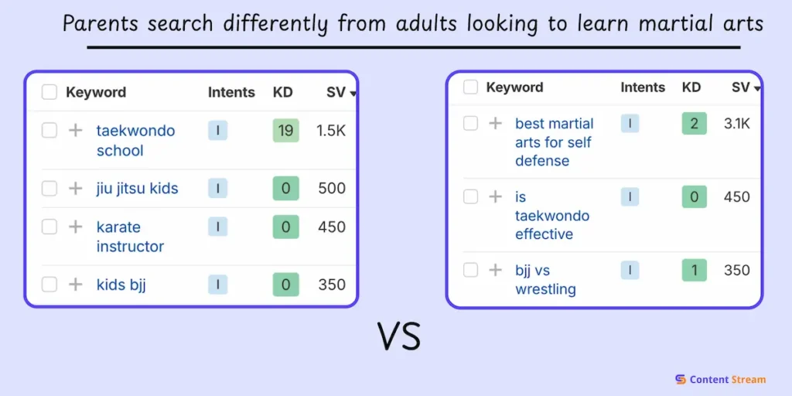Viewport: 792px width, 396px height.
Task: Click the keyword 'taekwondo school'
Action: coord(135,141)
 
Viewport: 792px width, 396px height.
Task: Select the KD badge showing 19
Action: coord(286,131)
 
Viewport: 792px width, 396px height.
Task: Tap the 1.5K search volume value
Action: coord(331,131)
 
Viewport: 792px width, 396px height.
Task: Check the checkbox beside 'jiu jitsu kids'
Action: coord(49,189)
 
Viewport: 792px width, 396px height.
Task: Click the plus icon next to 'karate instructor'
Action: coord(75,227)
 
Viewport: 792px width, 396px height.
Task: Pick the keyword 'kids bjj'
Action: coord(121,285)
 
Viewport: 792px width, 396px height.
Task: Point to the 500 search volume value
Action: coord(332,189)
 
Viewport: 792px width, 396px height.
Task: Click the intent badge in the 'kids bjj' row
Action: coord(217,285)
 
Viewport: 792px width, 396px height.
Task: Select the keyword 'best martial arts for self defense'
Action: coord(554,142)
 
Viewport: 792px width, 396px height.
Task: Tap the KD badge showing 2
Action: coord(694,124)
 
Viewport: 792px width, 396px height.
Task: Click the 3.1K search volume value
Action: coord(737,124)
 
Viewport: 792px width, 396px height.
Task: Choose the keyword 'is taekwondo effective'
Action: coord(552,215)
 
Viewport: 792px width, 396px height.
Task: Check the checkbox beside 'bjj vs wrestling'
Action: coord(471,270)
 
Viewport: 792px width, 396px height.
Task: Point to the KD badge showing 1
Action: coord(694,270)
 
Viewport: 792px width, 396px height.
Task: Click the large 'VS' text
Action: coord(399,337)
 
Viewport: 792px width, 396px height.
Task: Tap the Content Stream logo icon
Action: coord(681,379)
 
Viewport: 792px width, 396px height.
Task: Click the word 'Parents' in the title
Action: coord(101,24)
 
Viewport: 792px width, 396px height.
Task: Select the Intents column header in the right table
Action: coord(643,87)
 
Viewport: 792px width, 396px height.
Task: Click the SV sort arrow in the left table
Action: coord(353,94)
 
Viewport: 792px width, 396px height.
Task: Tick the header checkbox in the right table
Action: coord(471,87)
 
